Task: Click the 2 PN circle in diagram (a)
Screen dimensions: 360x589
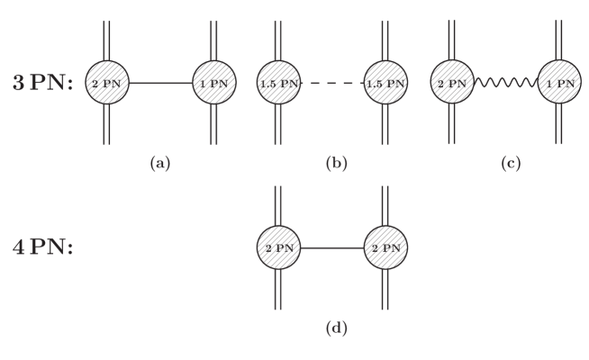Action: point(106,84)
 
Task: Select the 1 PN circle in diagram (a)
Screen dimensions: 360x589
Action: point(213,84)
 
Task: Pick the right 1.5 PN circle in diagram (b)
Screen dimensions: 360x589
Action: point(385,84)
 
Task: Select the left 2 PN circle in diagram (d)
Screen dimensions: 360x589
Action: point(279,246)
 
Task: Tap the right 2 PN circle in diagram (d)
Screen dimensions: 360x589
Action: point(385,246)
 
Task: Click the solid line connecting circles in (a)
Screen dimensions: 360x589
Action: point(159,84)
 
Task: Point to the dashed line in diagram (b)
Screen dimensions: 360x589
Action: point(332,84)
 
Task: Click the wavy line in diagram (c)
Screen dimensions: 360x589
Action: point(505,84)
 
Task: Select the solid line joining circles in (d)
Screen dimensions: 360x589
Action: point(332,246)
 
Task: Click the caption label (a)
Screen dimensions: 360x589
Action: point(160,165)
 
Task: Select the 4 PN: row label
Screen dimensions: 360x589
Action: point(41,246)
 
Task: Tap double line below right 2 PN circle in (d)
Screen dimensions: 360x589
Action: point(385,288)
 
